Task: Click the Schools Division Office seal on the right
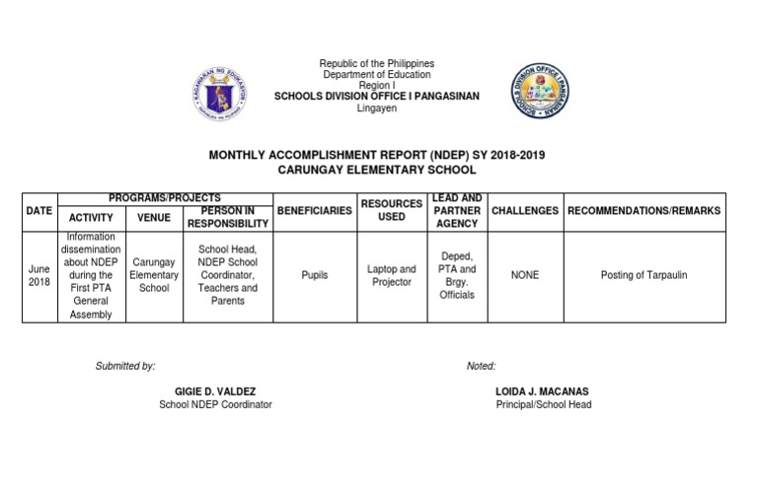[x=540, y=92]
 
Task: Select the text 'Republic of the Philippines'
[x=377, y=64]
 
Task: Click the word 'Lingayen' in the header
[x=377, y=108]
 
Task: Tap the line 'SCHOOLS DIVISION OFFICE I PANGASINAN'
[x=377, y=97]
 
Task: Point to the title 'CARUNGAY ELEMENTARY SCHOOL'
[x=377, y=170]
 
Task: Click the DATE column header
[x=38, y=211]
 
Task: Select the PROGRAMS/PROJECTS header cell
[x=164, y=198]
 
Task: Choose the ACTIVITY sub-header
[x=92, y=218]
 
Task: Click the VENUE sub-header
[x=154, y=218]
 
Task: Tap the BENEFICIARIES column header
[x=314, y=211]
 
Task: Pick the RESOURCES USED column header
[x=392, y=210]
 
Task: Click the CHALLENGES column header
[x=525, y=211]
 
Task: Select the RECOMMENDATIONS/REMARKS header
[x=644, y=211]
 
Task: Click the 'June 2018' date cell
[x=38, y=275]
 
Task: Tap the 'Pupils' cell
[x=314, y=276]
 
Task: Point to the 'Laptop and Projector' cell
[x=392, y=275]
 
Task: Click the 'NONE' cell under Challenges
[x=525, y=275]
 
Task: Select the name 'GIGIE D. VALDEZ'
[x=215, y=391]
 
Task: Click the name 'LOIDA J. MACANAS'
[x=543, y=391]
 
